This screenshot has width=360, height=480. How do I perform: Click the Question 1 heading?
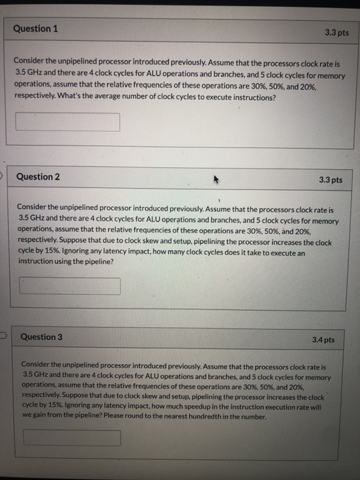36,29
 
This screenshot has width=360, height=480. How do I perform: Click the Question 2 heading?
38,177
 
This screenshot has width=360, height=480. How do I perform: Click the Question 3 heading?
41,337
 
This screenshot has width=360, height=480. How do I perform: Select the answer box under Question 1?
68,122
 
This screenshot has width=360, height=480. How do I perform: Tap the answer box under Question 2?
69,285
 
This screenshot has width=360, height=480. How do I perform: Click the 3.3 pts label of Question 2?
331,180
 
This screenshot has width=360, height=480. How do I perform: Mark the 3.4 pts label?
323,340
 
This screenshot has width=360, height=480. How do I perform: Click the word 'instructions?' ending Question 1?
254,97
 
